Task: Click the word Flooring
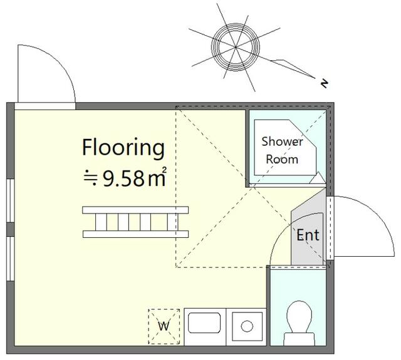[123, 148]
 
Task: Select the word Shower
[282, 141]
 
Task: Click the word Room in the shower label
[282, 159]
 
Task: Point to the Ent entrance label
[308, 235]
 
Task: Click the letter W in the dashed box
[164, 326]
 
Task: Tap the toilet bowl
[299, 316]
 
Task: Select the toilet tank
[299, 339]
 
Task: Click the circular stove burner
[247, 326]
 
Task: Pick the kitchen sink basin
[204, 322]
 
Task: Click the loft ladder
[135, 222]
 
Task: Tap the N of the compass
[325, 83]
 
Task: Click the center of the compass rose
[236, 47]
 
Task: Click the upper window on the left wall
[10, 200]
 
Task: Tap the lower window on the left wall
[10, 259]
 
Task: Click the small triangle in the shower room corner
[318, 178]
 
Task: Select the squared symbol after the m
[164, 170]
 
